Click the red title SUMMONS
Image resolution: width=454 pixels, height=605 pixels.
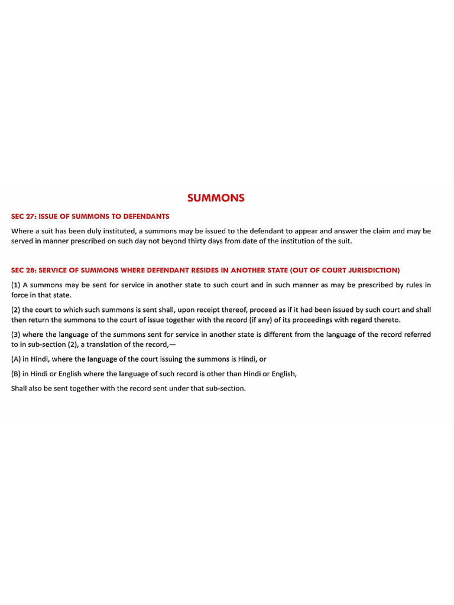click(216, 199)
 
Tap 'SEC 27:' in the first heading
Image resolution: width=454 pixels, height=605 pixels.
click(24, 216)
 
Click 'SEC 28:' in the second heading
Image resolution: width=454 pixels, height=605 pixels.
click(24, 270)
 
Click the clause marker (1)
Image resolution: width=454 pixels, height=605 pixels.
click(16, 285)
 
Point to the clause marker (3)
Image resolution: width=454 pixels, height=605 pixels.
click(16, 334)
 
